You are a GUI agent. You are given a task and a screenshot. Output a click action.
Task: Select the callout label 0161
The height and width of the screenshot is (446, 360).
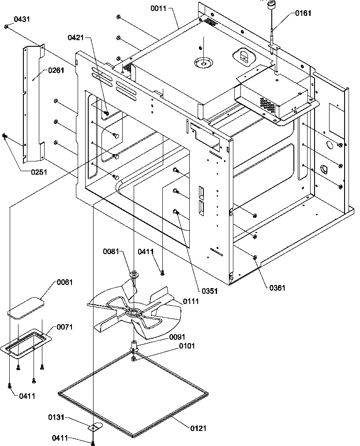point(303,13)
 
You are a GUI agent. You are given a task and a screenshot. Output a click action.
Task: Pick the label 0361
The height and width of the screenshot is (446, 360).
point(277,288)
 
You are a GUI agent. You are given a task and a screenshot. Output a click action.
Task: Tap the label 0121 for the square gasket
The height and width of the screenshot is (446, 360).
point(199,428)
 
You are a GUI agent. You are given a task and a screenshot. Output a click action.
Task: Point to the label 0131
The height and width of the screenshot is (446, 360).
point(56,417)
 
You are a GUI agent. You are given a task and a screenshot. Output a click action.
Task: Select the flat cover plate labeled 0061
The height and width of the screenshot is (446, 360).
point(26,308)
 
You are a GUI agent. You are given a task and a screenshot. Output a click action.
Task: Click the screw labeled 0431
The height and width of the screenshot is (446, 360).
point(6,27)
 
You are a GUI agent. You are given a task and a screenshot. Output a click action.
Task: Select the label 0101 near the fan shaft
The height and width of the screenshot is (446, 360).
point(187,346)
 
